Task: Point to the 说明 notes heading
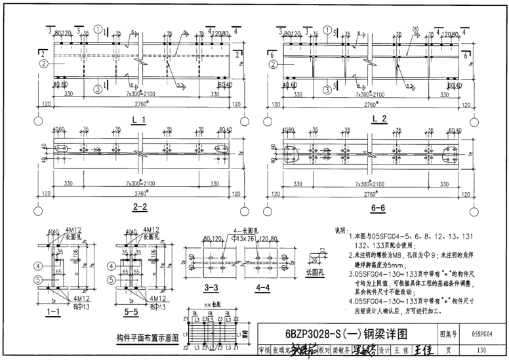pos(341,230)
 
